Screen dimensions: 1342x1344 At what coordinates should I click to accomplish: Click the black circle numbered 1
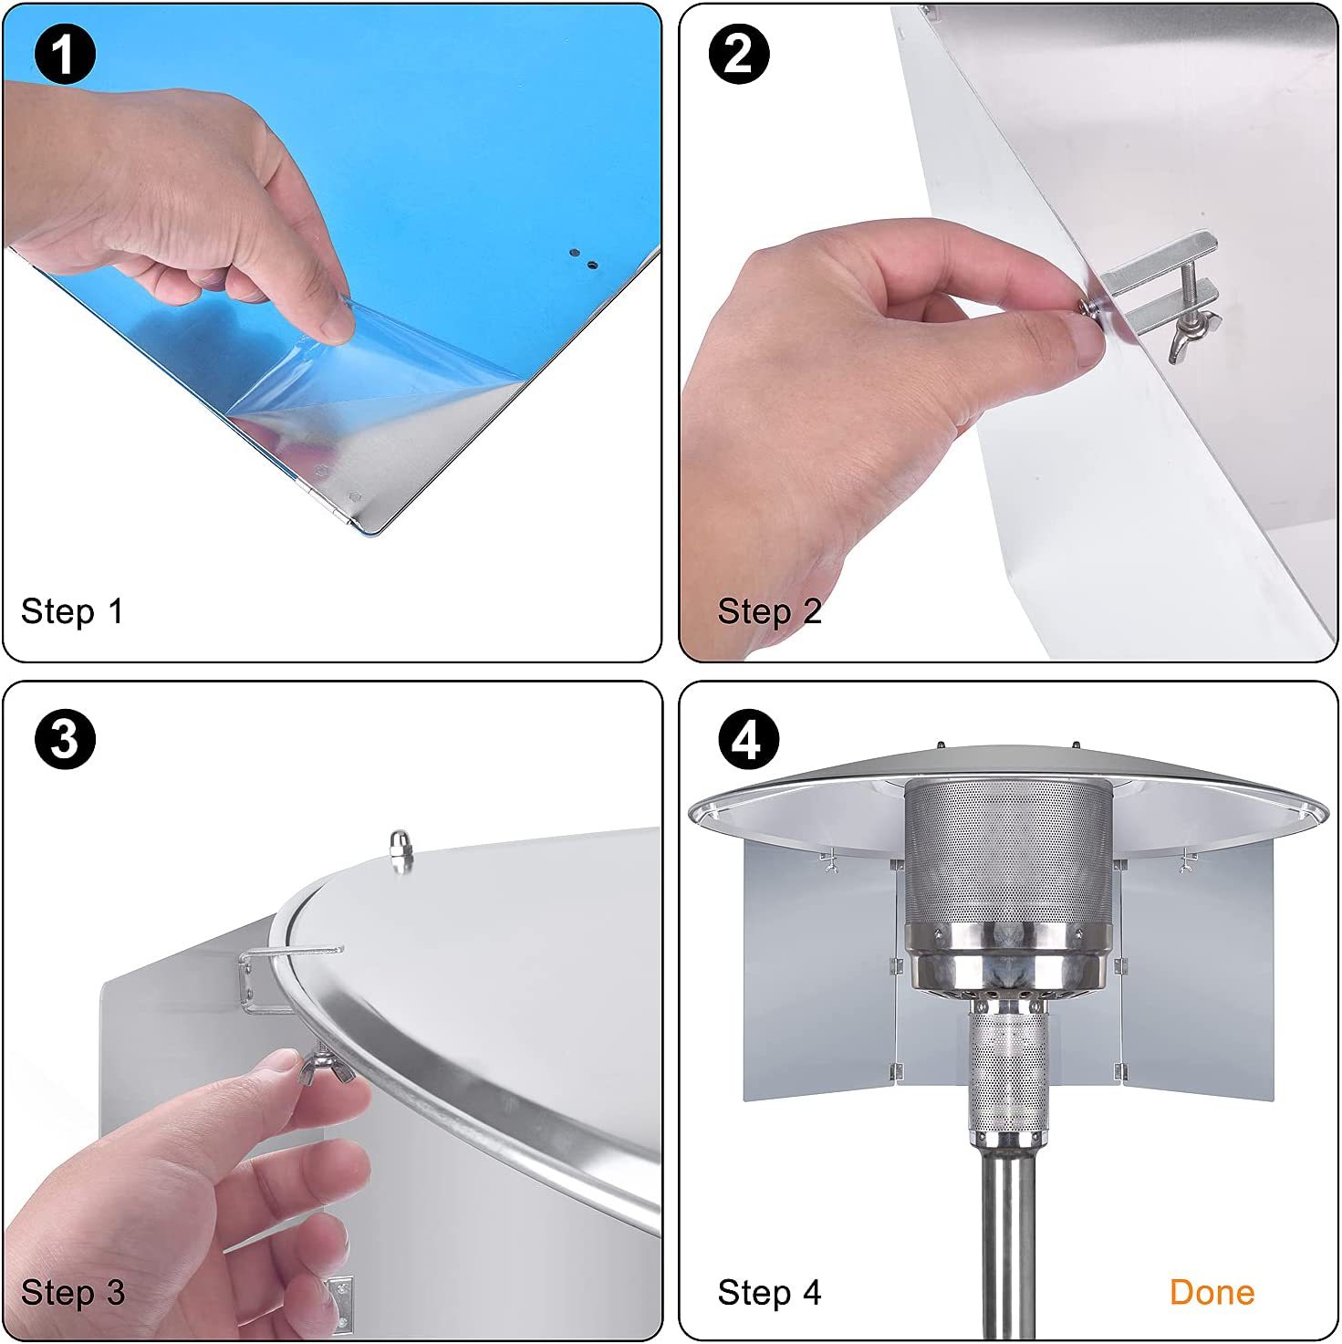coord(64,54)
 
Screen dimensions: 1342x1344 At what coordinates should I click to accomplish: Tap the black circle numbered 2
coord(739,54)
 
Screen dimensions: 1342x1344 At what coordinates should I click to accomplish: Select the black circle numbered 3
coord(65,739)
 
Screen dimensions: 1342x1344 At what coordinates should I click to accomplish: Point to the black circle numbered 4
coord(748,739)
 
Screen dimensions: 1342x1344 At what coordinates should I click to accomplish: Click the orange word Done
coord(1212,1292)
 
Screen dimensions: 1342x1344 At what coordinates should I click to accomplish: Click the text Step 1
coord(72,611)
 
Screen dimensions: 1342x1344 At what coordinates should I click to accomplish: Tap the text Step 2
coord(769,611)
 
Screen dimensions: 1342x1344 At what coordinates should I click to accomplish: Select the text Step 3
coord(73,1292)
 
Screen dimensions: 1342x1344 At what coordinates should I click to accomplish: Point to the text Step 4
coord(769,1292)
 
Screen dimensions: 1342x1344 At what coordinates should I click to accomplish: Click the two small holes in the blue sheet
coord(583,258)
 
